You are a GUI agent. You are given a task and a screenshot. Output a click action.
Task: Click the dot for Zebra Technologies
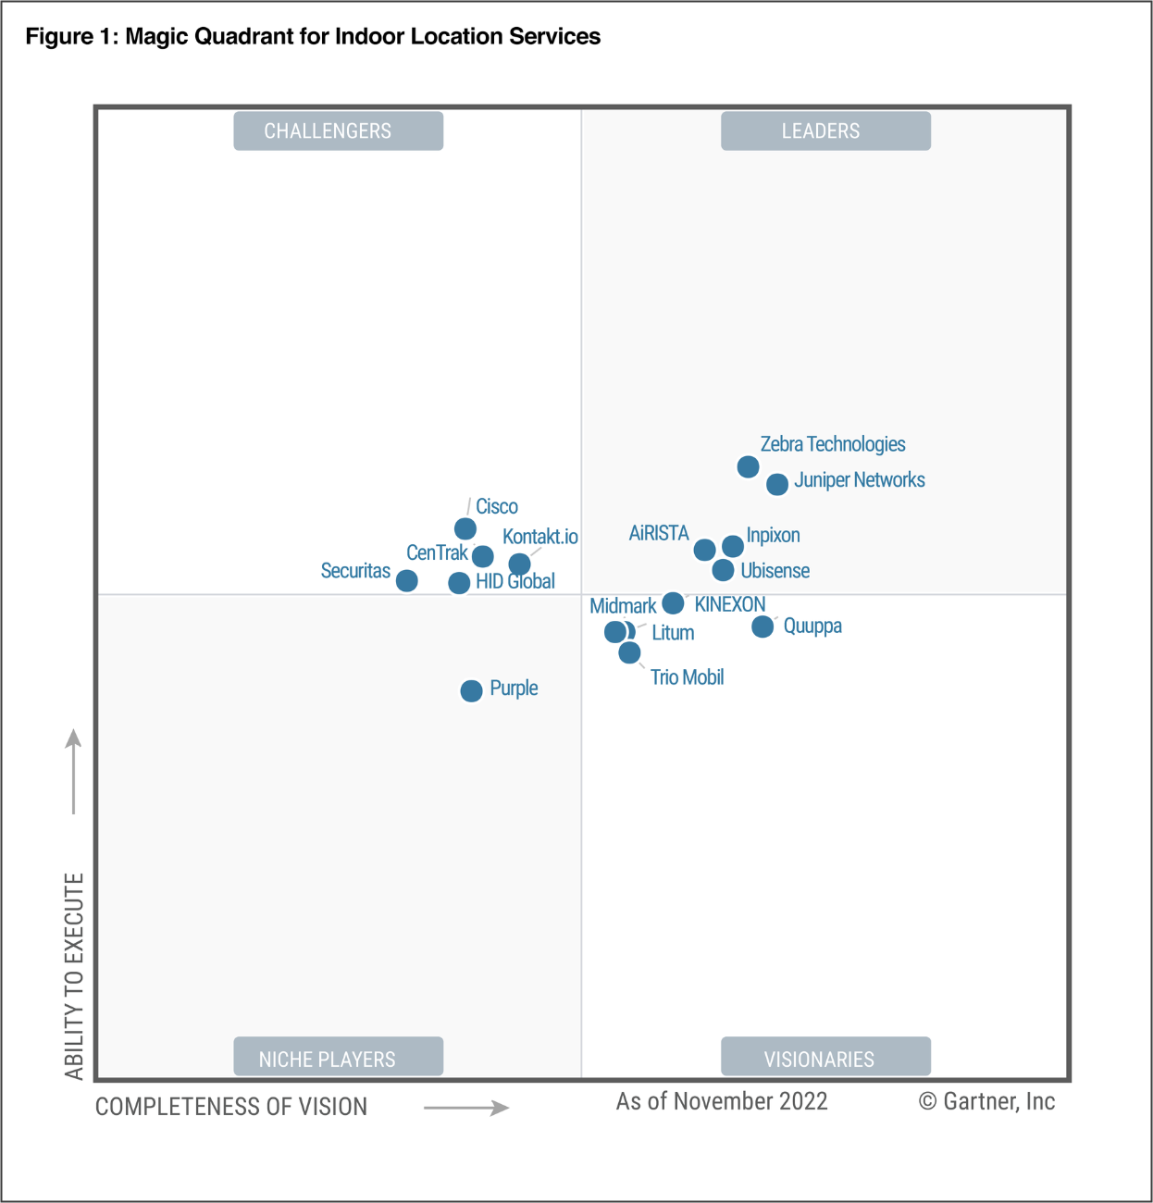coord(748,466)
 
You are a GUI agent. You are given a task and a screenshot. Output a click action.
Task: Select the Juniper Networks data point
coord(777,484)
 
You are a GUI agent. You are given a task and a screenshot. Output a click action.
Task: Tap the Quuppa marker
coord(762,626)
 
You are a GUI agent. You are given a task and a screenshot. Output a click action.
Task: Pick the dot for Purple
coord(471,690)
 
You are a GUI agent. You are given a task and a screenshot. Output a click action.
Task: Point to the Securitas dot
coord(406,580)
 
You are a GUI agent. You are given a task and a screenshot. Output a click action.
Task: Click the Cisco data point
coord(465,528)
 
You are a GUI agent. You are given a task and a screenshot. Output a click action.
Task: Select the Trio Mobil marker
coord(629,652)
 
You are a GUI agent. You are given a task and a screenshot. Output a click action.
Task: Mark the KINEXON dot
coord(674,603)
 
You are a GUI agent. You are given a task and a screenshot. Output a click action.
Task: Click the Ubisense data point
coord(724,570)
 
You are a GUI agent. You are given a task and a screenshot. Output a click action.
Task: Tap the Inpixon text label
coord(773,536)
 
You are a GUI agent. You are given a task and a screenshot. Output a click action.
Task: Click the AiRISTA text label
coord(659,533)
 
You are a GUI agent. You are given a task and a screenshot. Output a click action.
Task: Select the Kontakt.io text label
coord(539,537)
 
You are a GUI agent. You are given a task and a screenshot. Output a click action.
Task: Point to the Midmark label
coord(623,606)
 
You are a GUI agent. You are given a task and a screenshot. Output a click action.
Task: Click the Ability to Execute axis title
coord(74,975)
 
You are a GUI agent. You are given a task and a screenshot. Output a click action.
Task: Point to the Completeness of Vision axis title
coord(231,1107)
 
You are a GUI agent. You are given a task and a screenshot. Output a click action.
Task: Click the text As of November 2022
coord(722,1101)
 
